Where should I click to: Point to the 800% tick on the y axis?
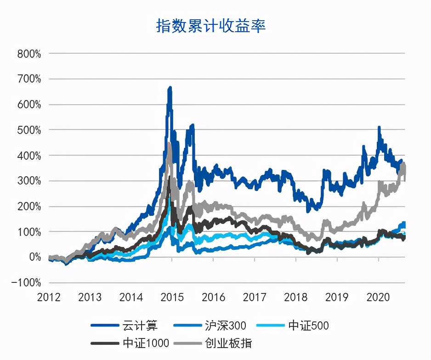29,54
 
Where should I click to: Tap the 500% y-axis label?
29,130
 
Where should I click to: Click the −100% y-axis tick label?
26,283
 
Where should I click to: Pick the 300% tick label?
29,181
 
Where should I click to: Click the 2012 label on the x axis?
49,297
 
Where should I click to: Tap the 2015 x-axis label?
172,297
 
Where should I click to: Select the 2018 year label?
295,297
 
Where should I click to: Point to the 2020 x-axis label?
378,297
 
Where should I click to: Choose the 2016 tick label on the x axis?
213,297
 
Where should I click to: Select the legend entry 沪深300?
225,326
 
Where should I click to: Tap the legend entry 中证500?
308,326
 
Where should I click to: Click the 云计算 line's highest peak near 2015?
170,87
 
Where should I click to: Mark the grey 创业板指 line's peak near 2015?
169,144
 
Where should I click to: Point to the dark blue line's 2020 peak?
379,127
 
